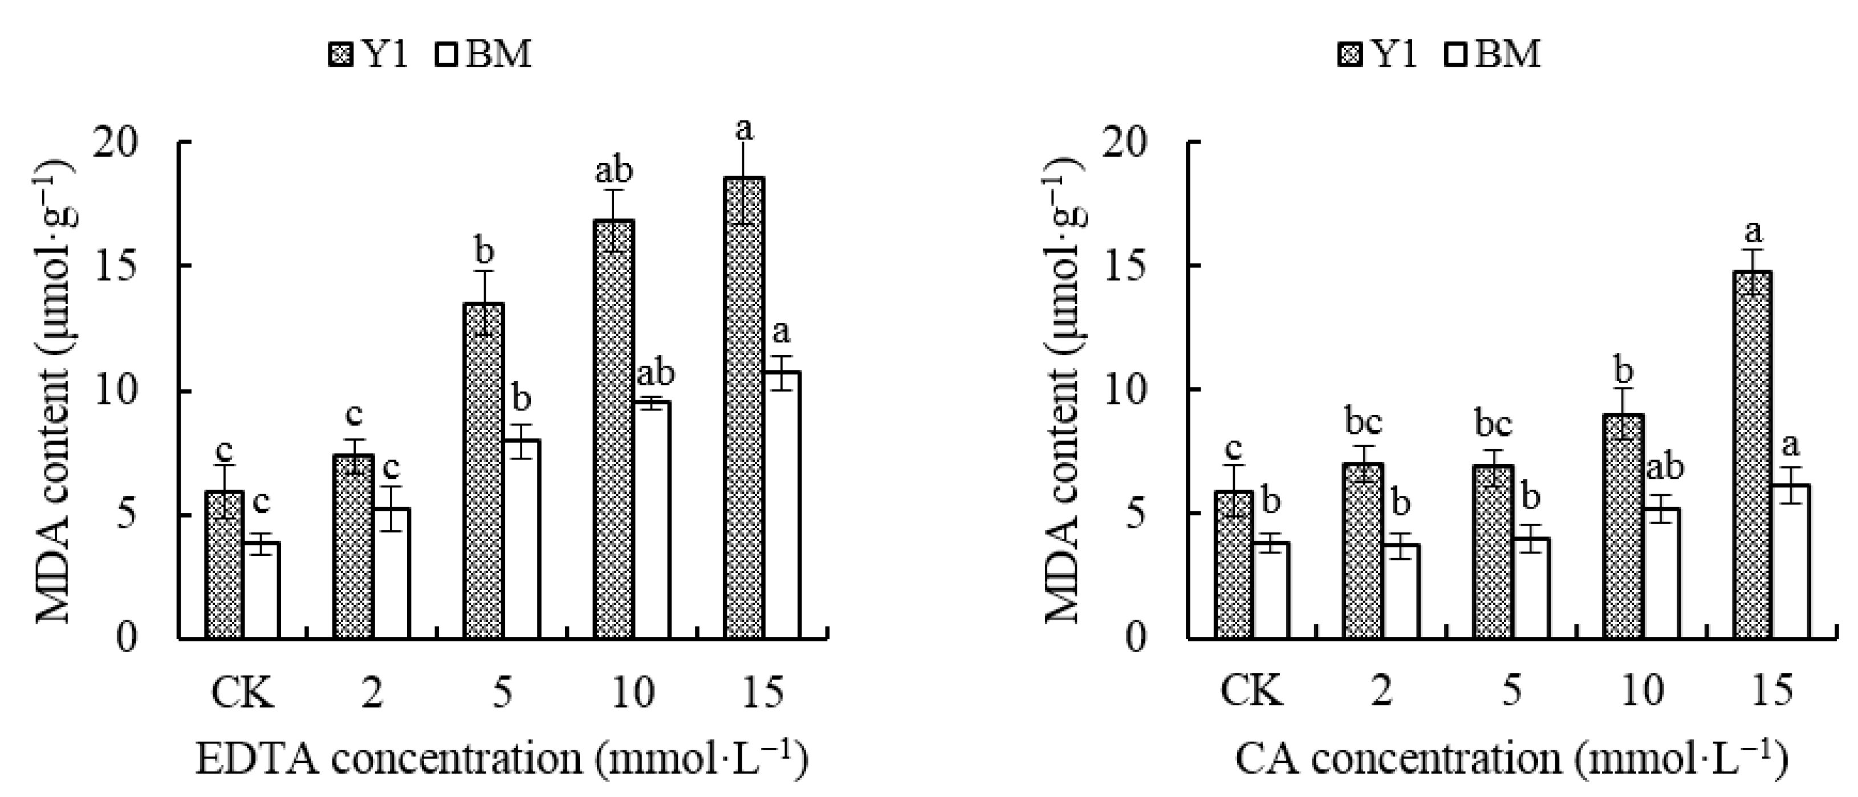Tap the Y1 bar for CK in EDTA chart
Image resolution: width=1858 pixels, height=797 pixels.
tap(224, 566)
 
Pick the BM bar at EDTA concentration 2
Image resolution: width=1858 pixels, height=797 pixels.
tap(391, 574)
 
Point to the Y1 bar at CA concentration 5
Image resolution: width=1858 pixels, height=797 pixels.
tap(1493, 552)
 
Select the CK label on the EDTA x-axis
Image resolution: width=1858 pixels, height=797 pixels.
tap(242, 693)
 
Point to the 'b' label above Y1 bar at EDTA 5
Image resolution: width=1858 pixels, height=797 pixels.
tap(485, 253)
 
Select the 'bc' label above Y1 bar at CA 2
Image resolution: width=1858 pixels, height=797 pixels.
tap(1363, 422)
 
